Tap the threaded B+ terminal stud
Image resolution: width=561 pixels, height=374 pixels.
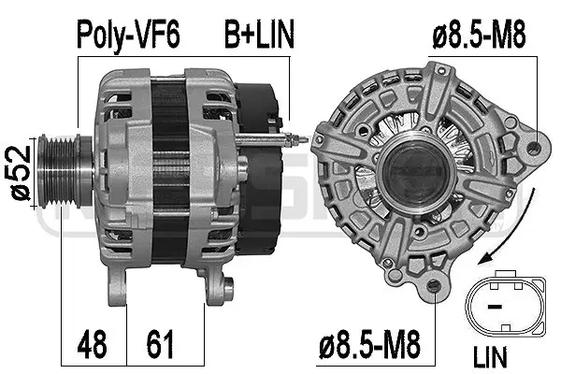point(285,141)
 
